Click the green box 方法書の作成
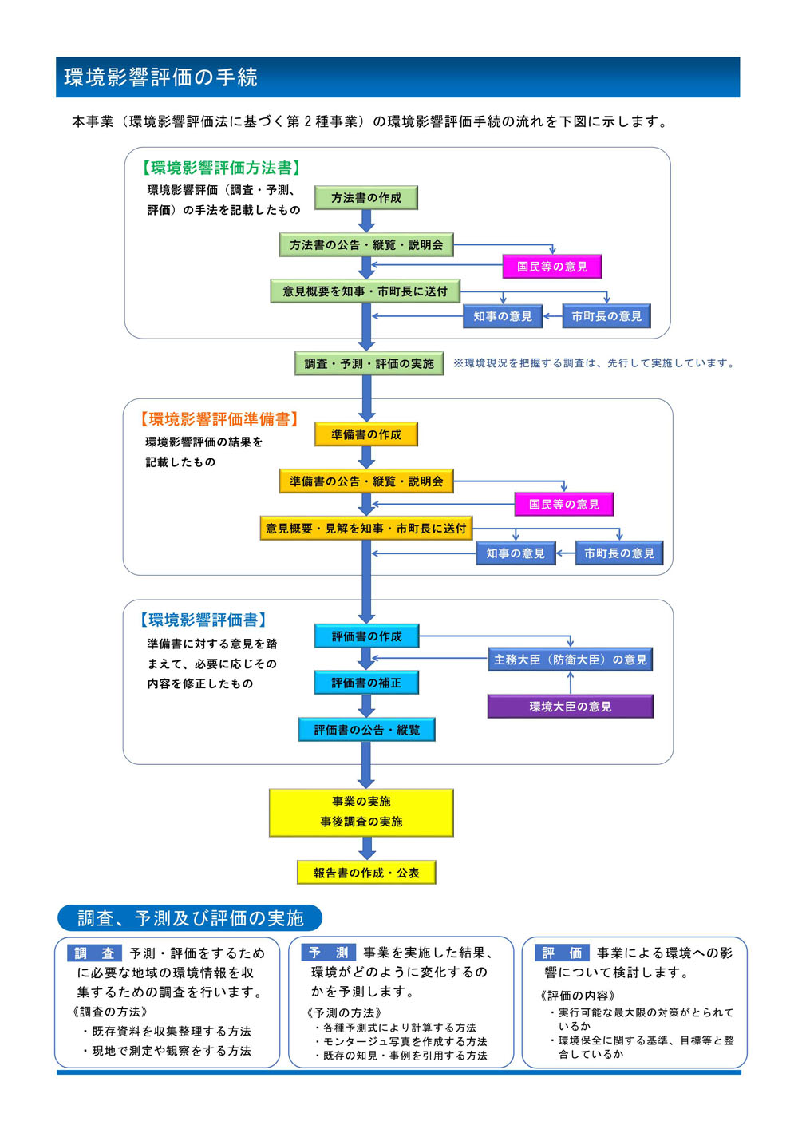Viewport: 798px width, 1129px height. pos(366,197)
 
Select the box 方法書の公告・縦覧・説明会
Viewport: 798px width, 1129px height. pos(366,244)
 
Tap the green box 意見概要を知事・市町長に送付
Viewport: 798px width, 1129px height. pos(365,291)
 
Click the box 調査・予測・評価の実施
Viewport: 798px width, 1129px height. pos(369,363)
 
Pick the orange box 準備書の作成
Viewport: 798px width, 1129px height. pos(366,434)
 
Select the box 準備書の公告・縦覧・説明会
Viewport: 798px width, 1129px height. pos(366,481)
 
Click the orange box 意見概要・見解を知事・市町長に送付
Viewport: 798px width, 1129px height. pos(366,529)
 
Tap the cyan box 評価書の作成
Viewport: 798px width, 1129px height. pos(367,636)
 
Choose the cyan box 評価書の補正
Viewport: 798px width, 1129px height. pos(366,683)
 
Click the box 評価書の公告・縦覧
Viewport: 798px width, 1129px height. pos(367,730)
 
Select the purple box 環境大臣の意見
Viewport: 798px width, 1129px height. pos(571,707)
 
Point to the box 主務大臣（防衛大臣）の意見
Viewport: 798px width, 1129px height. pos(571,660)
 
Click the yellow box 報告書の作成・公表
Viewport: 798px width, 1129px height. pos(366,873)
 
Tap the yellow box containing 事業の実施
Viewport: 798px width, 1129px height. pos(361,813)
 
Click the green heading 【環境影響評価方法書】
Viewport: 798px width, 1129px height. pos(221,168)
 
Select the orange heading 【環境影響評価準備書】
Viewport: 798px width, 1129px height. pos(219,419)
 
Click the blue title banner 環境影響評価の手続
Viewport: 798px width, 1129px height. pos(398,77)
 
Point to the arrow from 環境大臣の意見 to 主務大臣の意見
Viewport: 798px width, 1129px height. pos(571,683)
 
